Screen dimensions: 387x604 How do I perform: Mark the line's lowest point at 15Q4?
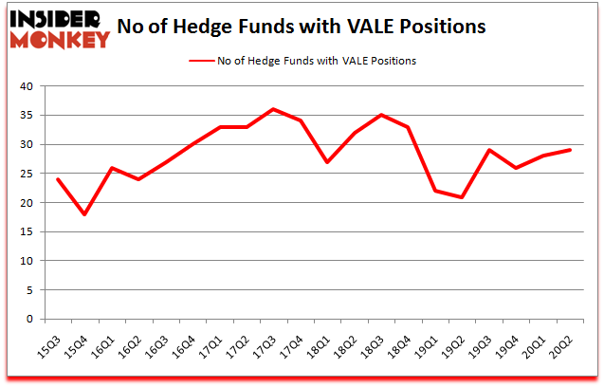tap(84, 214)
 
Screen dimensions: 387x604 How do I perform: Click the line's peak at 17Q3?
tap(273, 109)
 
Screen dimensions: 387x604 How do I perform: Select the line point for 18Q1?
tap(327, 162)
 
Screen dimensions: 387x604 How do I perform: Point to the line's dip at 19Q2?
tap(462, 197)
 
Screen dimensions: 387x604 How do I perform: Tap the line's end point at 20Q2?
tap(571, 150)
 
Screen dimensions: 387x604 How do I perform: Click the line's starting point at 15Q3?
tap(57, 179)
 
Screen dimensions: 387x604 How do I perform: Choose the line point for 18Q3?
tap(381, 115)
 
